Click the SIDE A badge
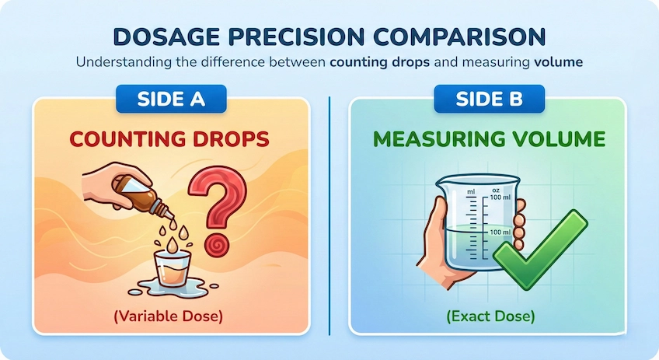[x=171, y=99]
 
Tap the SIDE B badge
[x=490, y=99]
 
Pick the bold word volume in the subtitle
[x=558, y=62]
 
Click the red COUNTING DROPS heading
[x=169, y=138]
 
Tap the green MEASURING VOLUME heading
[x=489, y=138]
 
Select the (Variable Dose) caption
[x=168, y=316]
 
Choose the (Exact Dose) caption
[x=490, y=316]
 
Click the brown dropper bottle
[x=144, y=194]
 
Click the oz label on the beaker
[x=496, y=190]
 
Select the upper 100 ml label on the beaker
[x=500, y=197]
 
